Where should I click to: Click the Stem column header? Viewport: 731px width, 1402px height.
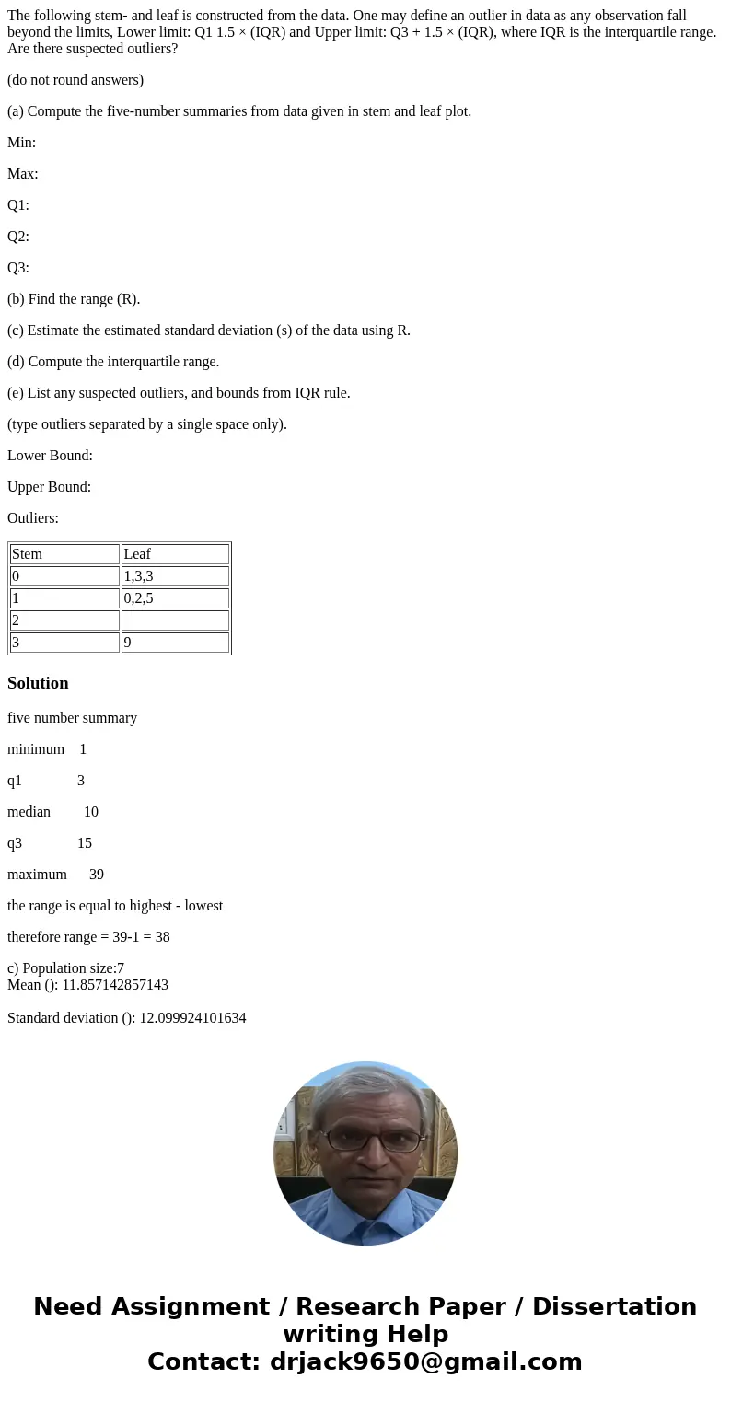pos(28,554)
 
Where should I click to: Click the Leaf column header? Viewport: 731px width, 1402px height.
pos(137,554)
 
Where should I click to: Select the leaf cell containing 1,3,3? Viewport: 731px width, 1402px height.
pos(138,576)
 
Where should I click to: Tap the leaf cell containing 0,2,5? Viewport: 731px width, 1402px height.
pos(138,598)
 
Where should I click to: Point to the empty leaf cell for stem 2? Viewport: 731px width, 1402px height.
pos(175,620)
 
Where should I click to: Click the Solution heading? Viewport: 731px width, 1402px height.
pos(38,683)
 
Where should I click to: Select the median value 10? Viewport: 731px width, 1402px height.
pos(91,812)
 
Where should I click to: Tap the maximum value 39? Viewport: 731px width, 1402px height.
pos(97,875)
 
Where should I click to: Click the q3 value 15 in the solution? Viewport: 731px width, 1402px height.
pos(85,843)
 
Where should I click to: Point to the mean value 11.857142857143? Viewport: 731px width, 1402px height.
pos(115,985)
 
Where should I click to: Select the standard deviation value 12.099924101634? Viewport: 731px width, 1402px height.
pos(192,1018)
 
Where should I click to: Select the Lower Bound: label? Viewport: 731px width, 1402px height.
pos(50,456)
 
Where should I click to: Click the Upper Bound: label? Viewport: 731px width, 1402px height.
pos(50,487)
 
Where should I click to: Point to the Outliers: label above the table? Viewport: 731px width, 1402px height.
pos(33,518)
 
